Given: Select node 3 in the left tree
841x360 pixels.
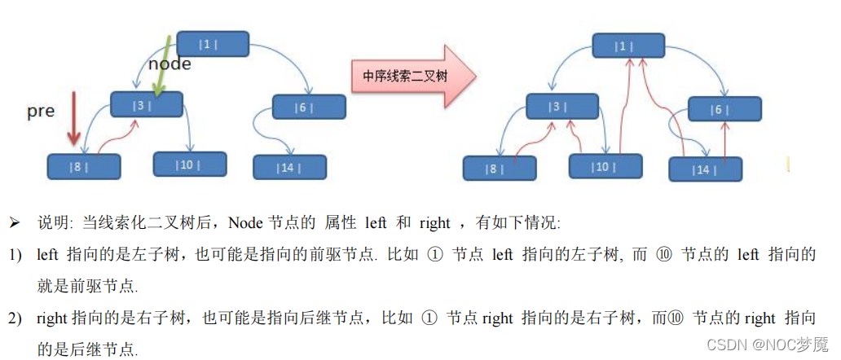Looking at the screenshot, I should tap(147, 105).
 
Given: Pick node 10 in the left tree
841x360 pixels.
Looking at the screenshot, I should tap(189, 164).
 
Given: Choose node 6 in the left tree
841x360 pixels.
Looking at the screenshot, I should tap(308, 107).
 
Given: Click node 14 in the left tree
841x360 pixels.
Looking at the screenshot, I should tap(289, 167).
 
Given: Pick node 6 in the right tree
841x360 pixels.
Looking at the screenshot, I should tap(724, 109).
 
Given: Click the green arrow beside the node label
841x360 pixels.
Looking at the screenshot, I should tap(164, 69).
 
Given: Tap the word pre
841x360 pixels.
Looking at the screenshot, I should tap(41, 111).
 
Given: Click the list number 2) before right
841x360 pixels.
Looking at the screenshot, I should tap(15, 318).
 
